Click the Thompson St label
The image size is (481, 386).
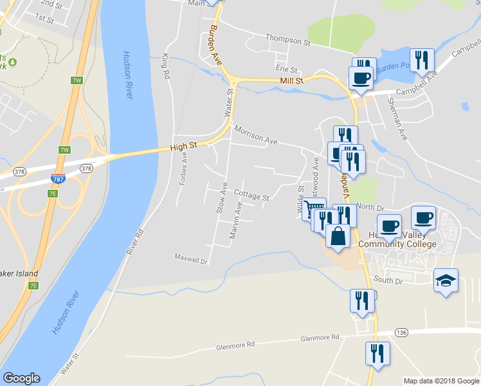coord(288,41)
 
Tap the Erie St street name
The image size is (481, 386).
coord(286,69)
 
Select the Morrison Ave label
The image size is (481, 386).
coord(255,134)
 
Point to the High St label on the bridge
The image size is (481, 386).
coord(183,147)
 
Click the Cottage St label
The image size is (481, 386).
coord(251,195)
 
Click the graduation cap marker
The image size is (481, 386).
coord(446,280)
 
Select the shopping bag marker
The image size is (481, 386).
coord(338,236)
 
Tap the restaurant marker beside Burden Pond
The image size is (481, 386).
coord(422,60)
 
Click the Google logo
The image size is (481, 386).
coord(21,378)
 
